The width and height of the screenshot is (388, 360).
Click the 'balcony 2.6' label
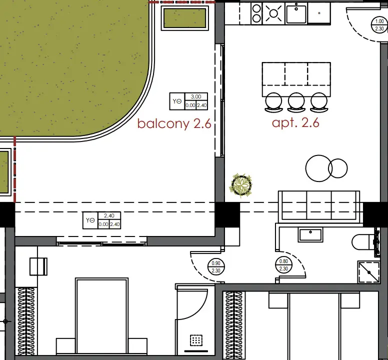click(174, 123)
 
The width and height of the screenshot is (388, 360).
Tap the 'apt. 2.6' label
click(295, 122)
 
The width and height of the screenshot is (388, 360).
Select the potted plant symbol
click(241, 185)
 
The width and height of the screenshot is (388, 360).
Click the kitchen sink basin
click(296, 14)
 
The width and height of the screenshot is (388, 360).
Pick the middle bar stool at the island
click(296, 102)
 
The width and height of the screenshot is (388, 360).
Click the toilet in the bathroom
click(365, 242)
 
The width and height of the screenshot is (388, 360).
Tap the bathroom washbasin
click(310, 235)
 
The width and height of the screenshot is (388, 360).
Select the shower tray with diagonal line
click(368, 271)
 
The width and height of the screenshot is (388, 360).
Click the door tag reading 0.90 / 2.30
click(216, 267)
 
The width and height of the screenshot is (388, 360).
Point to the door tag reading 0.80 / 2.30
click(283, 264)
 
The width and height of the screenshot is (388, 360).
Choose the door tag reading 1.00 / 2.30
click(379, 25)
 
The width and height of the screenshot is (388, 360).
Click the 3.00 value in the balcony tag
click(196, 96)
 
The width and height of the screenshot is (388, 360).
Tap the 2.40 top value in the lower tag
click(109, 215)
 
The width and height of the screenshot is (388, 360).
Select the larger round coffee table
click(319, 168)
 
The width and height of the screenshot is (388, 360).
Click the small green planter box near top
click(185, 18)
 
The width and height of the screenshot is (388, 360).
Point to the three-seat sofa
click(319, 206)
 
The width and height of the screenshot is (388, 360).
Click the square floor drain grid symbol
click(196, 340)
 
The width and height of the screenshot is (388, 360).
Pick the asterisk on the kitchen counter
click(319, 13)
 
